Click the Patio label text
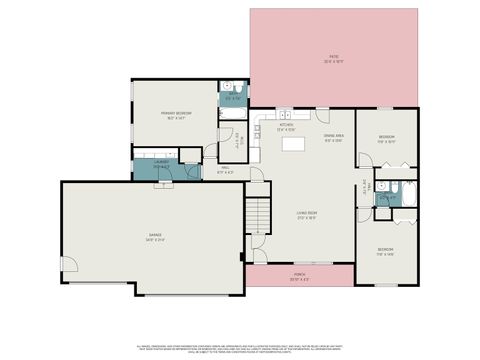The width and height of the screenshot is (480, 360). pyautogui.click(x=333, y=58)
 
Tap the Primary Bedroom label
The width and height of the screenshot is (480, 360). pyautogui.click(x=176, y=115)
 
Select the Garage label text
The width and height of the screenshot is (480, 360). pyautogui.click(x=155, y=237)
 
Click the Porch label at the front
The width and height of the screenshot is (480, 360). pyautogui.click(x=299, y=275)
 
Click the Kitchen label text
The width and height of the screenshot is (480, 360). pyautogui.click(x=286, y=127)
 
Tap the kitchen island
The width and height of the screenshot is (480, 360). pyautogui.click(x=294, y=146)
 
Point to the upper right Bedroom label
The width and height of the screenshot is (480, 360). pyautogui.click(x=386, y=138)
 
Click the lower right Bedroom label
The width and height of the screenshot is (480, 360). pyautogui.click(x=386, y=251)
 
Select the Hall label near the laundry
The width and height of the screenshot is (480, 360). pyautogui.click(x=226, y=170)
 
